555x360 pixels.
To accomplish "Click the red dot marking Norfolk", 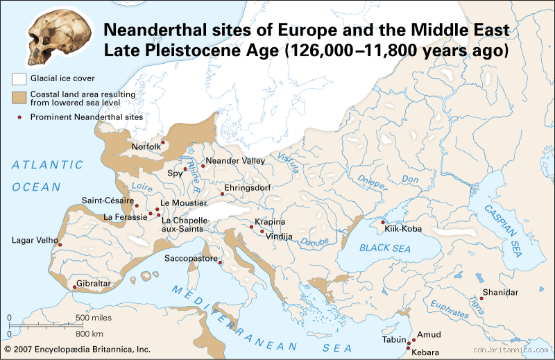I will pyautogui.click(x=163, y=142).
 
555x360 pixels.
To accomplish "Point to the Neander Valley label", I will pyautogui.click(x=237, y=160).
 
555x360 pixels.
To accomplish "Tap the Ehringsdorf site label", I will pyautogui.click(x=250, y=187).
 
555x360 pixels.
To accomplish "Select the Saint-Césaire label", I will pyautogui.click(x=108, y=200).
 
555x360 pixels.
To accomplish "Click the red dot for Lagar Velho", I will pyautogui.click(x=59, y=245).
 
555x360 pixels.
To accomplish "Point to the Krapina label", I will pyautogui.click(x=270, y=221).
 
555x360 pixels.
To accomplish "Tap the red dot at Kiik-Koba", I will pyautogui.click(x=382, y=223).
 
